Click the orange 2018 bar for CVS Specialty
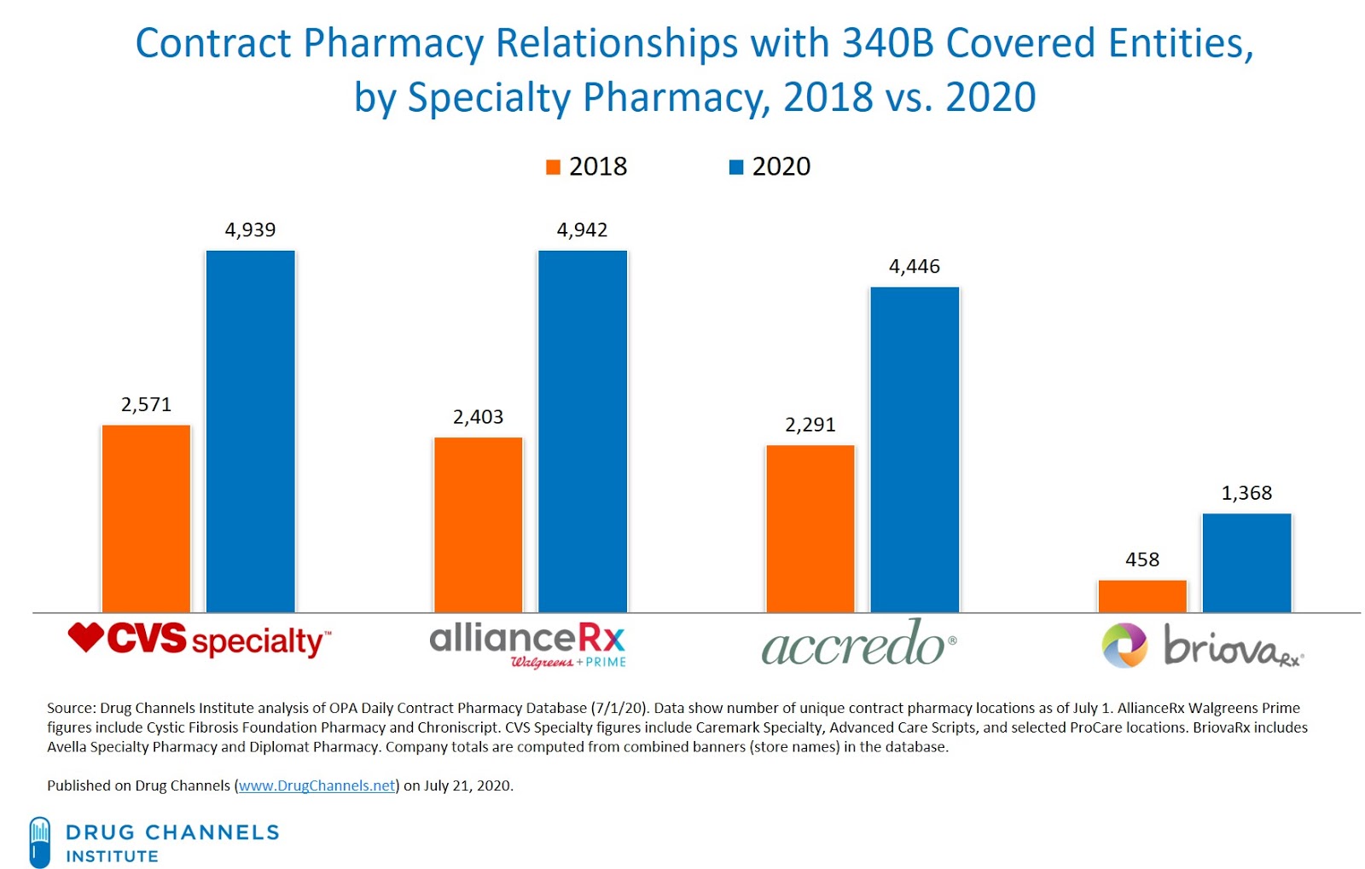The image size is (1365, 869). (x=146, y=518)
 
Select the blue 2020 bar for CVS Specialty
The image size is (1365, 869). (x=250, y=431)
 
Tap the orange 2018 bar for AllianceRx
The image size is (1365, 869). (x=478, y=524)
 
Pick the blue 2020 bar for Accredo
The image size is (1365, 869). (x=915, y=449)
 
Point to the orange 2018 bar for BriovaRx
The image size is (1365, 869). (x=1141, y=595)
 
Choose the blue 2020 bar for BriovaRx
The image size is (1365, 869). (x=1246, y=562)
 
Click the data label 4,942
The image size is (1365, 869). (x=582, y=230)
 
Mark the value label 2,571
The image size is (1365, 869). (x=146, y=405)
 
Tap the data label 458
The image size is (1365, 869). (x=1141, y=560)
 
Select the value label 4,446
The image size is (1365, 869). (x=914, y=267)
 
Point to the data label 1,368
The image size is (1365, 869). (x=1246, y=494)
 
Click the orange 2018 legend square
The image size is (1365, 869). (x=553, y=167)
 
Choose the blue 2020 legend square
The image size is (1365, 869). (x=736, y=167)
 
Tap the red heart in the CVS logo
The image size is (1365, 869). (x=86, y=636)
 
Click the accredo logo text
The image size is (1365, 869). (x=853, y=645)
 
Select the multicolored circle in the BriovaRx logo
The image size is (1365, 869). (x=1124, y=646)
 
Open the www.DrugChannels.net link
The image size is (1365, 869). (x=317, y=785)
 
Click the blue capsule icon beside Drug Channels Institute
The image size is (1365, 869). (x=39, y=842)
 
